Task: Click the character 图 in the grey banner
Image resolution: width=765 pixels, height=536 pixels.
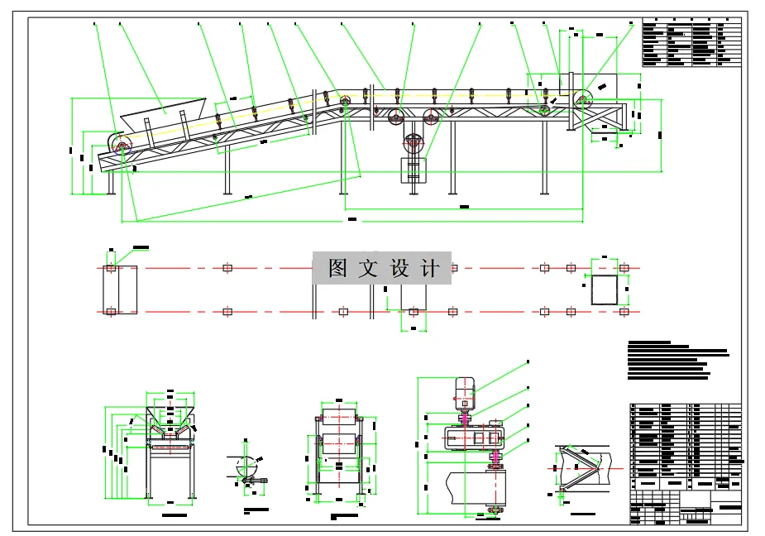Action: tap(337, 269)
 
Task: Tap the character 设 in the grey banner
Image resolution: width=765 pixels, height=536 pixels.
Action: tap(399, 269)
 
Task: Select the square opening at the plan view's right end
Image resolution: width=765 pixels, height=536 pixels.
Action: tap(603, 290)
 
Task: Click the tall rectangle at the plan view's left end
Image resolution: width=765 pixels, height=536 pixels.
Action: tap(121, 290)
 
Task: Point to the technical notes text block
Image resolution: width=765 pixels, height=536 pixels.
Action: tap(674, 361)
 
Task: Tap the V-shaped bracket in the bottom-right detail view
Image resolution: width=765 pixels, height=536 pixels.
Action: tap(579, 467)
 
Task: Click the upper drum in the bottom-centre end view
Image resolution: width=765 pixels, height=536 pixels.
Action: tap(338, 418)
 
